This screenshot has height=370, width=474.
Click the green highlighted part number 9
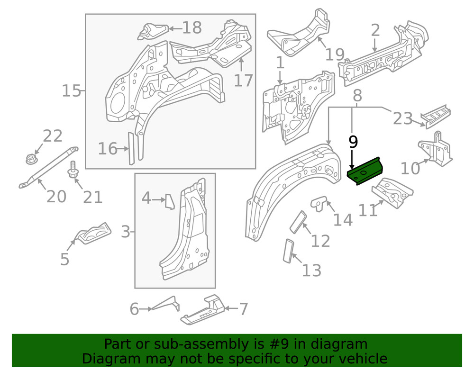click(365, 171)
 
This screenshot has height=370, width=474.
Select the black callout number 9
click(353, 142)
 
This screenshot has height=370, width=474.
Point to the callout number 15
click(72, 90)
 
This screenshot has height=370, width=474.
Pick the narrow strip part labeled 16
click(132, 148)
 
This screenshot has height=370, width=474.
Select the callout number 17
click(243, 80)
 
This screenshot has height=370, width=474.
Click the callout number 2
click(375, 30)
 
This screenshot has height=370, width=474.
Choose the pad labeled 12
click(298, 221)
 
